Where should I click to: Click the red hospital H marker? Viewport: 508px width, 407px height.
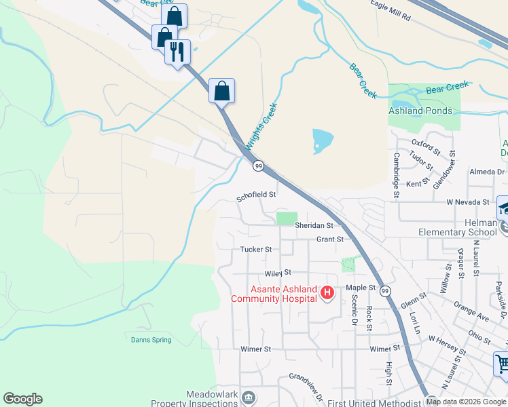[x=327, y=293]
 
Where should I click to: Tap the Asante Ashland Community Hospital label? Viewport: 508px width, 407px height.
[x=274, y=294]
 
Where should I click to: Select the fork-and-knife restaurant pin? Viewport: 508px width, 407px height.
[x=177, y=51]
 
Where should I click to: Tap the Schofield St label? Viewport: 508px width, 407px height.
[x=256, y=195]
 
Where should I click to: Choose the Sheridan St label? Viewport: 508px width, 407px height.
[x=314, y=225]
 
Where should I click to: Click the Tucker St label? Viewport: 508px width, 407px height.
[x=255, y=250]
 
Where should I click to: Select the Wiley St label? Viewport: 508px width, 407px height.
[x=278, y=273]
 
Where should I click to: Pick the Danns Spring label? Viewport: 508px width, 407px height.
[x=151, y=340]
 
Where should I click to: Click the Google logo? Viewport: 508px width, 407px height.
[x=22, y=399]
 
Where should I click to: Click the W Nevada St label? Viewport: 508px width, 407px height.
[x=467, y=202]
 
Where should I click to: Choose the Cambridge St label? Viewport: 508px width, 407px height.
[x=395, y=175]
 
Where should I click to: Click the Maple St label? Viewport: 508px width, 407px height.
[x=361, y=288]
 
